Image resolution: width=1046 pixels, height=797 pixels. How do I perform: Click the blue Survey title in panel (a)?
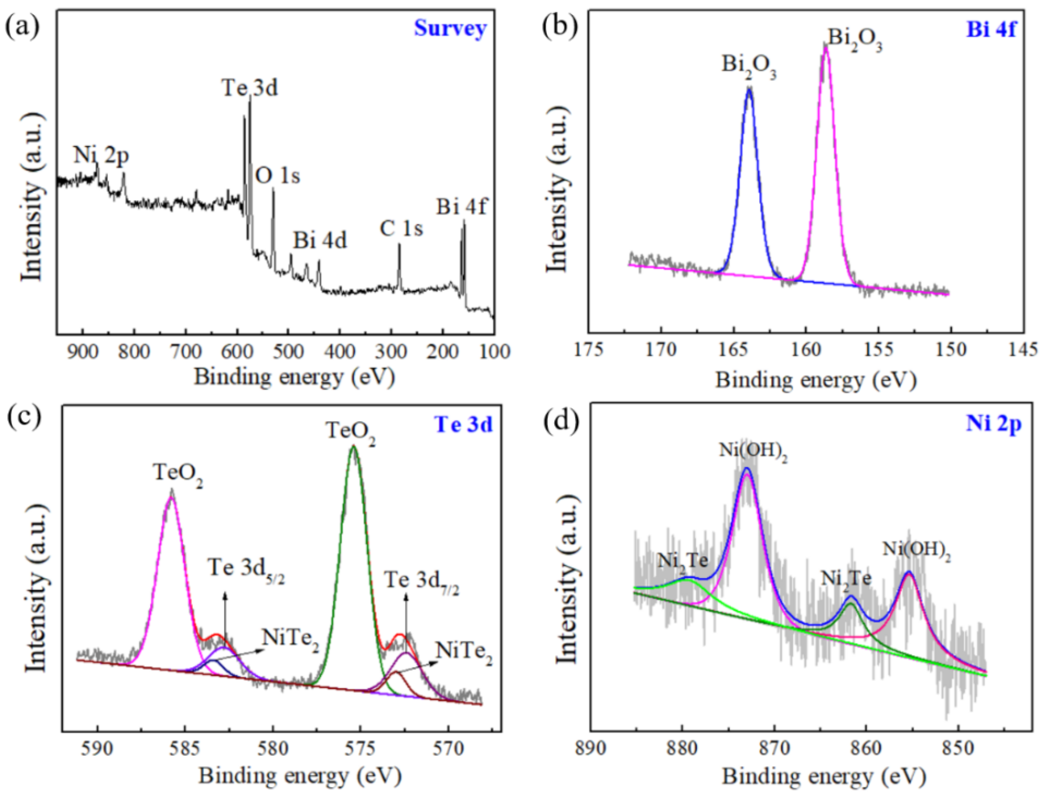click(450, 28)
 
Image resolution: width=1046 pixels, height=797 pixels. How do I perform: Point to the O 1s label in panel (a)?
click(278, 176)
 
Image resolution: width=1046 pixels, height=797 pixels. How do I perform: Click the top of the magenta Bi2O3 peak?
click(826, 47)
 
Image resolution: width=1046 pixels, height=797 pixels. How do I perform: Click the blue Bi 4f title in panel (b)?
click(991, 28)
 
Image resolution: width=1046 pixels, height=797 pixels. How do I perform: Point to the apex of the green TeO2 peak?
click(353, 447)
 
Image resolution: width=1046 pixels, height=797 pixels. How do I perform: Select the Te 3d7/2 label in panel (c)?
click(422, 581)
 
